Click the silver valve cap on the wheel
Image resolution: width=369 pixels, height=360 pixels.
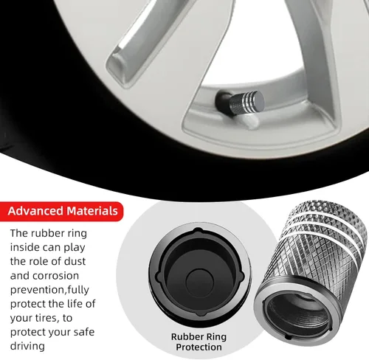(x=246, y=102)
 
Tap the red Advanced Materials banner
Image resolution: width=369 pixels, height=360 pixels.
(x=61, y=211)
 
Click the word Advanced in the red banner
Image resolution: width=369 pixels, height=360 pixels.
(x=35, y=211)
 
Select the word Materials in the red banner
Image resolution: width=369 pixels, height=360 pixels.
(x=92, y=211)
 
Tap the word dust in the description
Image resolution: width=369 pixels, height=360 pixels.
(x=75, y=261)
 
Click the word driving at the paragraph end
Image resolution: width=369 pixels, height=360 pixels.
(x=27, y=346)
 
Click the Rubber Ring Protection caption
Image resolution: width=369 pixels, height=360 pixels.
(x=199, y=342)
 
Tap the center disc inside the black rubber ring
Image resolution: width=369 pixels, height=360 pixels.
(x=199, y=283)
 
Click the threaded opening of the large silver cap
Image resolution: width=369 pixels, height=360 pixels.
(x=298, y=312)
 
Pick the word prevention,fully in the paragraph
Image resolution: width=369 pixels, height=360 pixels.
(x=49, y=290)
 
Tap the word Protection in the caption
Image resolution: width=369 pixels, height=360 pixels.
(x=199, y=347)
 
